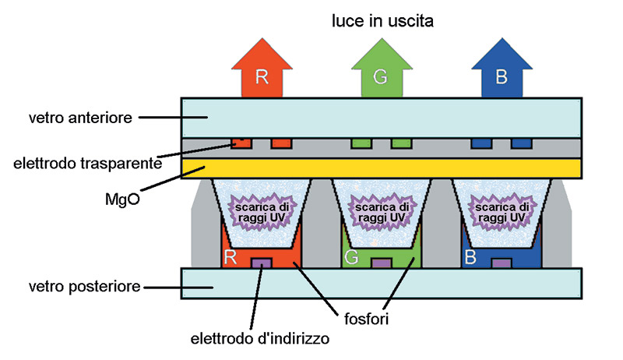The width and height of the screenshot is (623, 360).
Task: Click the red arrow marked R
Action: click(x=262, y=68)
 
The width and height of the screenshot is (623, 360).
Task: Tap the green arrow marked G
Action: click(x=382, y=68)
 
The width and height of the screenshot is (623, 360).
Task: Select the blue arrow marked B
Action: click(x=502, y=68)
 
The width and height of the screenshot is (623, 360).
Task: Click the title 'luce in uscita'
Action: click(x=382, y=21)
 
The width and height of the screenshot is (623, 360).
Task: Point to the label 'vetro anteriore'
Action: click(x=80, y=118)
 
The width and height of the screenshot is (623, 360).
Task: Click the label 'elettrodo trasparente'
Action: click(x=88, y=164)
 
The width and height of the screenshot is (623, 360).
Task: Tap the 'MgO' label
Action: click(x=122, y=199)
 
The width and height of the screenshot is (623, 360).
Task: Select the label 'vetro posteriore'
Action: click(x=84, y=286)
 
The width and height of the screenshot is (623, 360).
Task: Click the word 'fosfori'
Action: click(x=366, y=319)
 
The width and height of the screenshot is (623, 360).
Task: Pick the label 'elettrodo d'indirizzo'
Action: click(x=260, y=338)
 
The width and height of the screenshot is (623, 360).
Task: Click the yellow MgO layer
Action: click(x=382, y=168)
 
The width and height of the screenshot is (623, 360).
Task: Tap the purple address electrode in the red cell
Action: click(x=262, y=263)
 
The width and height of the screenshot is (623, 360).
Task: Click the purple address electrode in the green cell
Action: click(x=382, y=263)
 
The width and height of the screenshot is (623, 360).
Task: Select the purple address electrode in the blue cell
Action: click(x=502, y=263)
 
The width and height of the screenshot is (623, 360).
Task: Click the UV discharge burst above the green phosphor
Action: click(x=382, y=212)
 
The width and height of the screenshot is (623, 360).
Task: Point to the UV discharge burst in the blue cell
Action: click(x=502, y=212)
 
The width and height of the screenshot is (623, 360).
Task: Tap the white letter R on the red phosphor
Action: click(x=231, y=257)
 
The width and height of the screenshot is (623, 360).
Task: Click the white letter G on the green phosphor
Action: click(x=352, y=257)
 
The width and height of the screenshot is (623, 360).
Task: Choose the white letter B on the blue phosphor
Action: click(x=470, y=257)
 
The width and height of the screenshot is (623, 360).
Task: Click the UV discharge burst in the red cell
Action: click(x=262, y=212)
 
